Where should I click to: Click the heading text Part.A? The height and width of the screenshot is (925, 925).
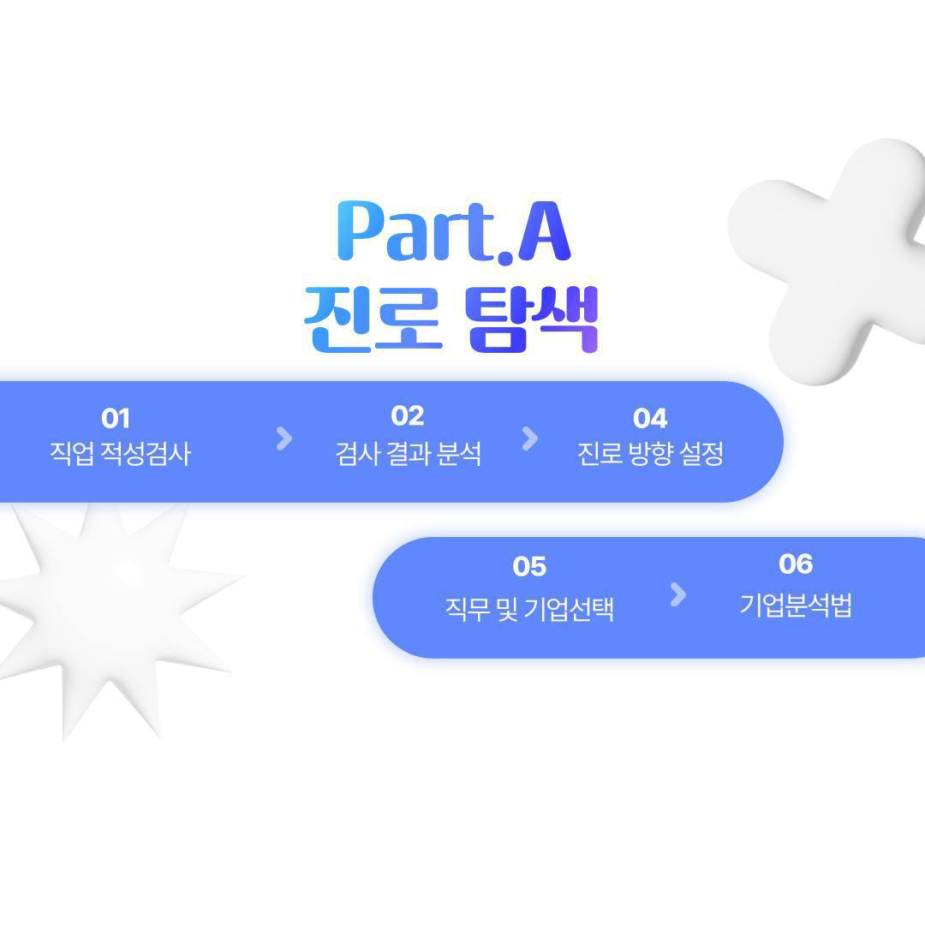[454, 230]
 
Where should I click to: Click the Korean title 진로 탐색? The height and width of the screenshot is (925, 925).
[451, 319]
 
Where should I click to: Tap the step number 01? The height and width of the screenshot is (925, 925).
[116, 418]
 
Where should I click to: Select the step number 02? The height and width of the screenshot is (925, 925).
[408, 416]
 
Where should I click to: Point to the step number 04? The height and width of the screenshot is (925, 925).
[650, 418]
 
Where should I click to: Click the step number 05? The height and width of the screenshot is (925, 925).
[530, 567]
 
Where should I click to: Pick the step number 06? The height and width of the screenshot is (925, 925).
[796, 564]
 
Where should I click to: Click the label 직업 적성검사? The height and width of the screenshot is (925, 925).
[121, 454]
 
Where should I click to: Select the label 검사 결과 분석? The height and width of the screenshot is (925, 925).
[409, 454]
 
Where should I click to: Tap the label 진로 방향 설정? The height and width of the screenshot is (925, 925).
[650, 454]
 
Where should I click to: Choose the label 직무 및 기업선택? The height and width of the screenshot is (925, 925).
[529, 609]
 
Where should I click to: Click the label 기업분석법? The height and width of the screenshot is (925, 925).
[796, 605]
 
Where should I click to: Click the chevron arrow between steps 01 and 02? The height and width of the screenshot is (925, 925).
[284, 439]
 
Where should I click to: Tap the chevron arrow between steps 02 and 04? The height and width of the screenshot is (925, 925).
[530, 439]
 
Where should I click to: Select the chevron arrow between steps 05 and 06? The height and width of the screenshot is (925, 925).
[678, 594]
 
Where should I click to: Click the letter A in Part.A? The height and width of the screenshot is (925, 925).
[544, 230]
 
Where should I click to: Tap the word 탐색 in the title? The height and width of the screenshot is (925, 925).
[532, 319]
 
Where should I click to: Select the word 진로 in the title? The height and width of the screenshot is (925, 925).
[373, 319]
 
